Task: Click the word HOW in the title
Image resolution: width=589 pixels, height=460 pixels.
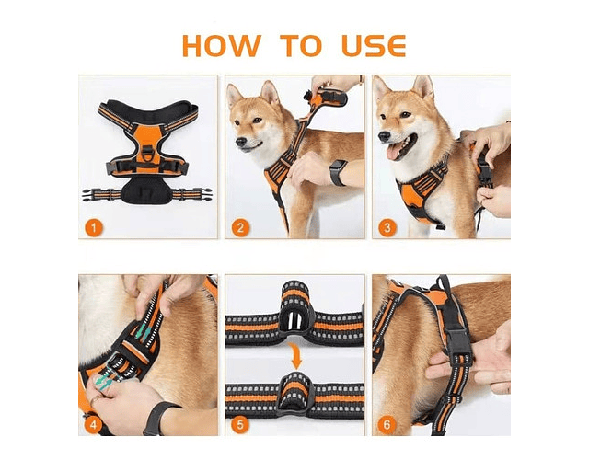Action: [222, 46]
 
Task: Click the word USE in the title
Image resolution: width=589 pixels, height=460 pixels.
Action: [374, 46]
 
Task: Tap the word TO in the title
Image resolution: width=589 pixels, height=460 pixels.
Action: [301, 46]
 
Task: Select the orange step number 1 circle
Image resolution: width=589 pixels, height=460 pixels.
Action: [94, 227]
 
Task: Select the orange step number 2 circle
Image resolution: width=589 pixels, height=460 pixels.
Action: [240, 227]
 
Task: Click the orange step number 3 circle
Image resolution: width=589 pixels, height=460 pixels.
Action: [387, 227]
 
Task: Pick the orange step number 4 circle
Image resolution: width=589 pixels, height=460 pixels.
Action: [94, 425]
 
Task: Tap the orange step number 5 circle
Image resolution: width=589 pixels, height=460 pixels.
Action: [240, 425]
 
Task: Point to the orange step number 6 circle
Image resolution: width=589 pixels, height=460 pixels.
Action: [387, 425]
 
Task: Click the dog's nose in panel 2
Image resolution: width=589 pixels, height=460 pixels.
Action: [241, 142]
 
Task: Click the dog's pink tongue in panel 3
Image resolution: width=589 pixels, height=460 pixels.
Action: [393, 152]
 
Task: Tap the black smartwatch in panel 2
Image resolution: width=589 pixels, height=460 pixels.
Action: [337, 173]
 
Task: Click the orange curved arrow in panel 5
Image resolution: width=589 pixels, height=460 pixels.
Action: [296, 356]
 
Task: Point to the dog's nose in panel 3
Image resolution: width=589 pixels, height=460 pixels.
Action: [384, 137]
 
